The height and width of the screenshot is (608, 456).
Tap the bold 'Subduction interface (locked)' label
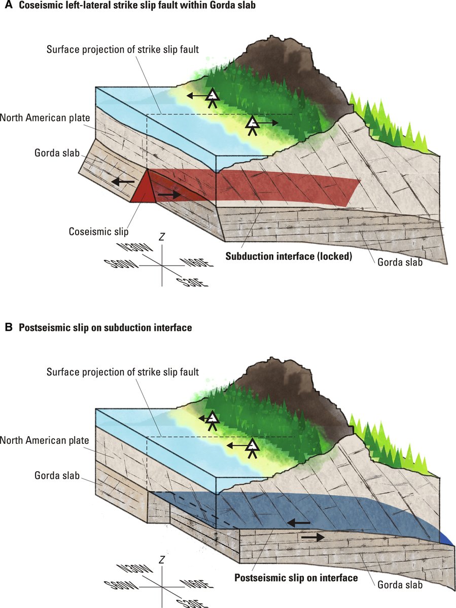[x=289, y=256]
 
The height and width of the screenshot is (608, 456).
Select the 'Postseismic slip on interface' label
[x=296, y=578]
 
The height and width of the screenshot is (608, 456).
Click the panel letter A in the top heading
[x=8, y=7]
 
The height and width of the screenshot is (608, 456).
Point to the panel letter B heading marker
[x=8, y=327]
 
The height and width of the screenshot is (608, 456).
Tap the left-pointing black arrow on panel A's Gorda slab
[x=123, y=181]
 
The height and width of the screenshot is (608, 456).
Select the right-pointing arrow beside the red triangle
[x=169, y=194]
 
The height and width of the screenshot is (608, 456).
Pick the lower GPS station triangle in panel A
[x=252, y=123]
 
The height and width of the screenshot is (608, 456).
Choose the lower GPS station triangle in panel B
[x=252, y=445]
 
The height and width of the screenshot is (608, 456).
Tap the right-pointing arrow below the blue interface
[x=313, y=537]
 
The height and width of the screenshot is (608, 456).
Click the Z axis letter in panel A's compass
[x=162, y=237]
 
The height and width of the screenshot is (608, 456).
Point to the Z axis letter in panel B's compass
[x=161, y=559]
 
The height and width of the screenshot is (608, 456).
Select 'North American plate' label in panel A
[x=45, y=118]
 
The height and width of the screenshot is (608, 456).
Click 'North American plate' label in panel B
[x=45, y=440]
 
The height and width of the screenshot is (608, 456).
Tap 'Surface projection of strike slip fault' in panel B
[x=122, y=372]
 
